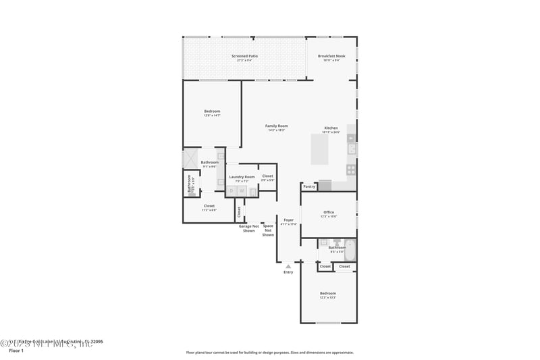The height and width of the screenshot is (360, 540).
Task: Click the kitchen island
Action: tap(319, 149)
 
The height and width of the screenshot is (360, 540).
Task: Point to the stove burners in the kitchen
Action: tap(351, 170)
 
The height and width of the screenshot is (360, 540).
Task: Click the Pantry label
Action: tap(309, 186)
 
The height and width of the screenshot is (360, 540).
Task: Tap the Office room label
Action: tap(329, 213)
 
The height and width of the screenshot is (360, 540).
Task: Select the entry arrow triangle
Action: tap(288, 266)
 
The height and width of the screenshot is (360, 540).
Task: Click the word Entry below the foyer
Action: tap(288, 272)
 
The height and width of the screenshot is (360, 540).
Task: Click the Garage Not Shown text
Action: tap(249, 228)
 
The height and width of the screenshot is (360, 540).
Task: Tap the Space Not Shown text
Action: tap(268, 230)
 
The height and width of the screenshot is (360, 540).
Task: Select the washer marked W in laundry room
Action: tap(241, 191)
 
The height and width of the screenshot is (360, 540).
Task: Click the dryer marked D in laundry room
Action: tap(232, 191)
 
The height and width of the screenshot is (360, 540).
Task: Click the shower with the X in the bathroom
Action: tap(190, 159)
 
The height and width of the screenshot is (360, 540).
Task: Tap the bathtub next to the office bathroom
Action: tap(350, 251)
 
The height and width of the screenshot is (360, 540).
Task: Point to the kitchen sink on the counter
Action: tap(352, 149)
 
